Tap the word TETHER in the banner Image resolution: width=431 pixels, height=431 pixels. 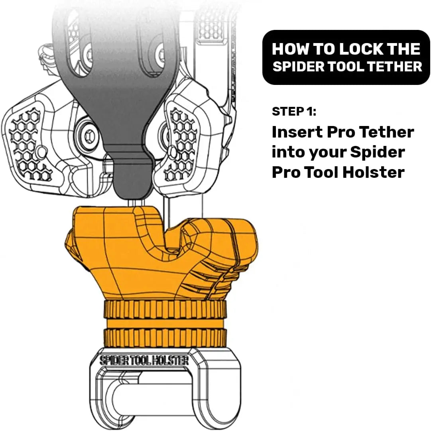[x=395, y=67]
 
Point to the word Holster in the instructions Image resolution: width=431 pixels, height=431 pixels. [x=374, y=172]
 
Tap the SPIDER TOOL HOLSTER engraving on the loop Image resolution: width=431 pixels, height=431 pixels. [x=144, y=360]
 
